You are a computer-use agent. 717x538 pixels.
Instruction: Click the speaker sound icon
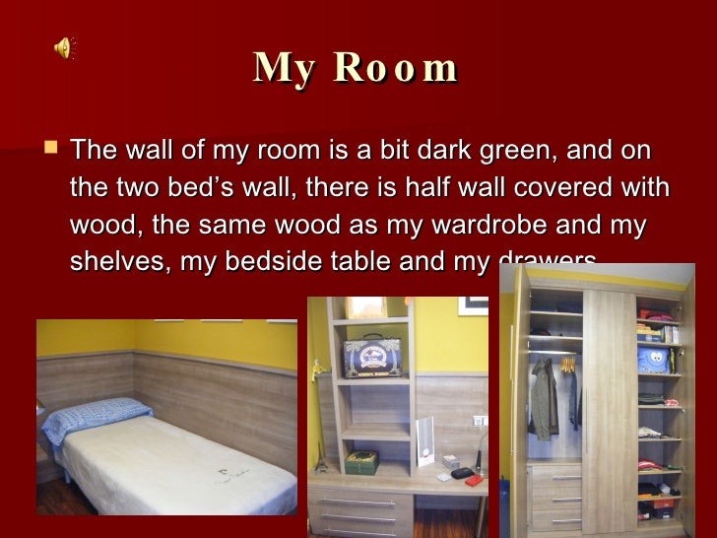click(64, 46)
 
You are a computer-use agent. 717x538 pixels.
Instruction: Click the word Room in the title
click(396, 68)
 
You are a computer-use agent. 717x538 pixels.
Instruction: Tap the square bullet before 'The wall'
click(51, 150)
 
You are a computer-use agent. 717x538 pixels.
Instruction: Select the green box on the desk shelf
click(361, 461)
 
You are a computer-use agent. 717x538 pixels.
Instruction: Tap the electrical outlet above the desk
click(479, 421)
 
